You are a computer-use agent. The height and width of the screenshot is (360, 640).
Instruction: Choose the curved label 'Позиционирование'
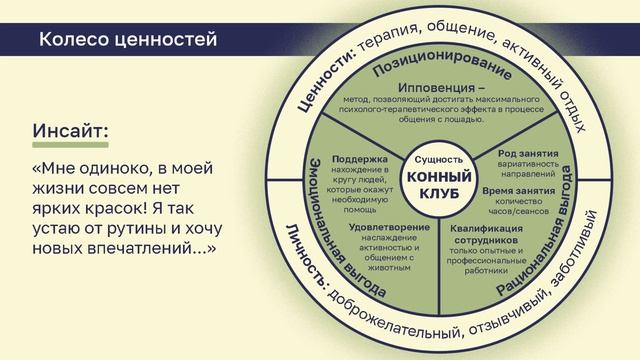pyautogui.click(x=440, y=64)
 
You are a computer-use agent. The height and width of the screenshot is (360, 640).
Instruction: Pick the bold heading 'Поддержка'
pyautogui.click(x=353, y=158)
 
